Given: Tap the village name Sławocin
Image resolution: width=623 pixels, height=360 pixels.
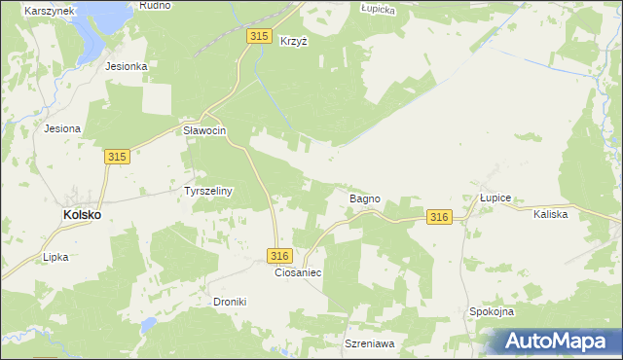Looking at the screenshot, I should click(204, 130).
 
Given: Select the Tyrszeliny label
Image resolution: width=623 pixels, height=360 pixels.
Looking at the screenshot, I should click(208, 192).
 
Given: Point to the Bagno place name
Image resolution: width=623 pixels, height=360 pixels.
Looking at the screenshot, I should click(364, 198).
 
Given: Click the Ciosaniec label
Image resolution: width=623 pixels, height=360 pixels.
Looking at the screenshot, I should click(298, 272).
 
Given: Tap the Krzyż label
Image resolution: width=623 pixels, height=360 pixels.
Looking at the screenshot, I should click(293, 41).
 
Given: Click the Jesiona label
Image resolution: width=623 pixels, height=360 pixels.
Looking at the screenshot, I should click(62, 127).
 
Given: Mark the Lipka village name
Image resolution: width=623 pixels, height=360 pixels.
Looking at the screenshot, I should click(55, 258).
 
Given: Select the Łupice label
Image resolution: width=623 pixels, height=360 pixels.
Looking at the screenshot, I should click(495, 198).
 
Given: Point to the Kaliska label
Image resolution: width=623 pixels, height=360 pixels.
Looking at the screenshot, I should click(550, 213).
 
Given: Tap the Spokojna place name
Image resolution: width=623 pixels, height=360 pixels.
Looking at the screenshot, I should click(492, 311).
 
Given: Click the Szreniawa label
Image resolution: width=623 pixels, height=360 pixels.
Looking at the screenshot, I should click(368, 344).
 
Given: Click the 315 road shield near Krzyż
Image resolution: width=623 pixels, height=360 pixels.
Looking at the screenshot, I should click(258, 36).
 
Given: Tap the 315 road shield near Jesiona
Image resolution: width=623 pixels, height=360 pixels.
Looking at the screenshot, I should click(118, 157).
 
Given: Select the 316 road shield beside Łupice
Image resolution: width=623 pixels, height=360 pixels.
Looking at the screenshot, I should click(439, 218).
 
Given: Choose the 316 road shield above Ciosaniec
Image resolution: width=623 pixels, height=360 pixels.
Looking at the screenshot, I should click(278, 255).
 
